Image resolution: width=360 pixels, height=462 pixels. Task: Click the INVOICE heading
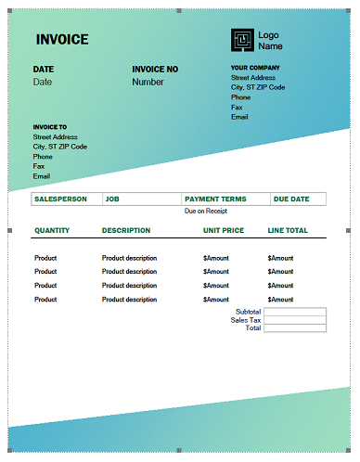click(62, 40)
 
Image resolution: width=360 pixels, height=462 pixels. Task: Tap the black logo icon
click(241, 40)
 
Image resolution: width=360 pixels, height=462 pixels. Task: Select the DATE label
click(44, 70)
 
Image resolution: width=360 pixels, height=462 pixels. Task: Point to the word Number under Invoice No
click(148, 82)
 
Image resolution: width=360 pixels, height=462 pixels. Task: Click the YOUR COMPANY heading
click(255, 68)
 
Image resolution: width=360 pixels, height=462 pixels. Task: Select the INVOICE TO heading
click(50, 127)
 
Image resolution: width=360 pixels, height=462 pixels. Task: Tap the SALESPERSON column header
click(60, 199)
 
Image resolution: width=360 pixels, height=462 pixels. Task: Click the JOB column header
click(112, 199)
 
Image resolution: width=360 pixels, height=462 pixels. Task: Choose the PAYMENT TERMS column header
click(216, 199)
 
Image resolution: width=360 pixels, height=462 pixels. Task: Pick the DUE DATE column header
click(292, 199)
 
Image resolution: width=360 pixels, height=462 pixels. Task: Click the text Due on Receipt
click(206, 212)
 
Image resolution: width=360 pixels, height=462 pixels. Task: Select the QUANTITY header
click(52, 230)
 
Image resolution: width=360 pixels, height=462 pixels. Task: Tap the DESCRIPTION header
click(126, 230)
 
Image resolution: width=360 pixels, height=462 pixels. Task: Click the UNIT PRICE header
click(224, 230)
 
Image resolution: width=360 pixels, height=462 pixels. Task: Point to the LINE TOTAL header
click(288, 230)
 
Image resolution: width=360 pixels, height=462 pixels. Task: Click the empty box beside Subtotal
click(294, 312)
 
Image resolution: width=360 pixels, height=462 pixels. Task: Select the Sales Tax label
click(246, 320)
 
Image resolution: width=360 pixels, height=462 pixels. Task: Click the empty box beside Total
click(294, 328)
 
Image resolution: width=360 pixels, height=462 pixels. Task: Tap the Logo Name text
click(270, 40)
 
